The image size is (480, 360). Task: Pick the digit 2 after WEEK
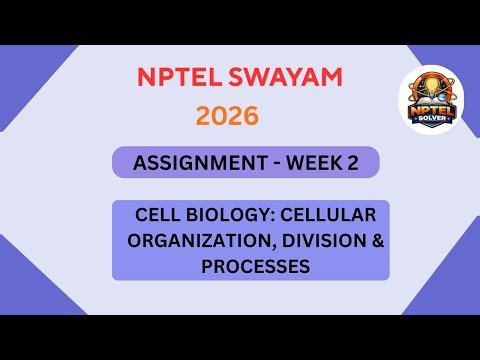pyautogui.click(x=352, y=164)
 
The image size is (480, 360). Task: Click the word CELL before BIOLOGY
pyautogui.click(x=159, y=216)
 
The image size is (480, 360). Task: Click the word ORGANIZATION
pyautogui.click(x=189, y=241)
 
